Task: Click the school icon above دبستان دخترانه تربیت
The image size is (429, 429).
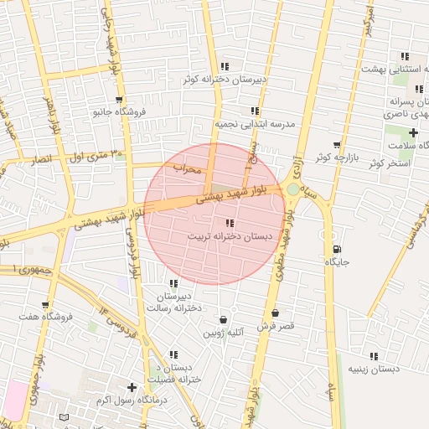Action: click(230, 223)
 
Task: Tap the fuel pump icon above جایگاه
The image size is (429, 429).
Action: click(336, 249)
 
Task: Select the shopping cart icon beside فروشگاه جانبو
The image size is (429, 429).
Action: click(108, 99)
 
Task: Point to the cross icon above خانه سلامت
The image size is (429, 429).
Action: click(412, 133)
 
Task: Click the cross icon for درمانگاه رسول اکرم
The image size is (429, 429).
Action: click(132, 387)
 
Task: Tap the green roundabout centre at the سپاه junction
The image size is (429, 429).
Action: click(292, 189)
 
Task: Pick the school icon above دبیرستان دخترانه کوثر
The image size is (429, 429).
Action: click(225, 66)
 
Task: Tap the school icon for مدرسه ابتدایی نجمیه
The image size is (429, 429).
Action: click(255, 111)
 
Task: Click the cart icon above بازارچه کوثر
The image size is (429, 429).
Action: click(337, 145)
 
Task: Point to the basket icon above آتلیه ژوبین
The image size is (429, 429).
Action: click(223, 319)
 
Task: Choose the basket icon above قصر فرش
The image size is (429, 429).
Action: click(274, 313)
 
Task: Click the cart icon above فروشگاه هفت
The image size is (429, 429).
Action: click(44, 304)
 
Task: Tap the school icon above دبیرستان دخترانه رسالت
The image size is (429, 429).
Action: click(173, 284)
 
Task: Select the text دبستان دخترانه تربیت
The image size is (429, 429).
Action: click(230, 237)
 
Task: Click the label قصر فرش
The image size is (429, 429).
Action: click(274, 327)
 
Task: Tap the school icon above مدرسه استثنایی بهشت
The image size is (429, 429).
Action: click(405, 56)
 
